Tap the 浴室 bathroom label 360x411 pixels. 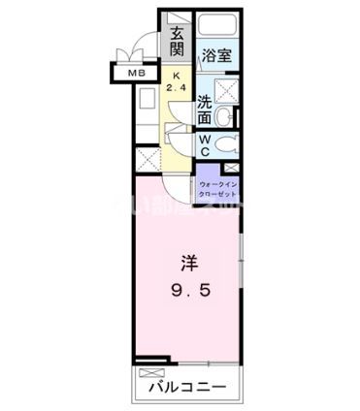coord(216,57)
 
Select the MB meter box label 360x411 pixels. coord(128,73)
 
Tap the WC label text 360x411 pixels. coord(205,143)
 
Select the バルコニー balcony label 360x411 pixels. coord(186,388)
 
